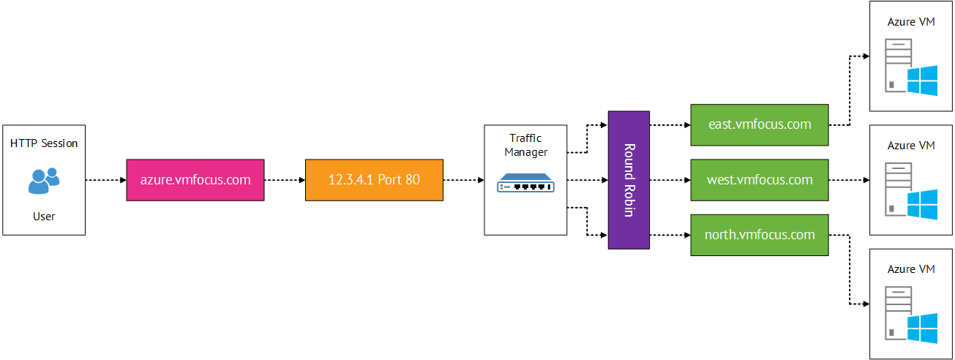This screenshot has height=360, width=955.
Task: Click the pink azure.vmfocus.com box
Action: (195, 179)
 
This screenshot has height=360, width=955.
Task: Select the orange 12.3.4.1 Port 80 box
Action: (374, 179)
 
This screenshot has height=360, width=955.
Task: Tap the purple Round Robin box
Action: (629, 179)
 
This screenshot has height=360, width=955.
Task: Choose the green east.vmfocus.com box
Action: (760, 124)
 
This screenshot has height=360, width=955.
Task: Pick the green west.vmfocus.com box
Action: (760, 179)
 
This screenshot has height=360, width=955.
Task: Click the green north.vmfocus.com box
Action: (760, 235)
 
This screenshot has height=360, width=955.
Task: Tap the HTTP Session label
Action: (44, 143)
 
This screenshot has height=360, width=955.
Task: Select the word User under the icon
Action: (44, 217)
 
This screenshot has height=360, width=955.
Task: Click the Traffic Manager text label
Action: (525, 146)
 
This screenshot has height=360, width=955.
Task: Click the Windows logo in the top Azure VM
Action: (922, 80)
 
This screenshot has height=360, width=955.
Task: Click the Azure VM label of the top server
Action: (911, 22)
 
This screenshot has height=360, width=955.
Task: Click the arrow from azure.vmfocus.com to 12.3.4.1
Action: (284, 179)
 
